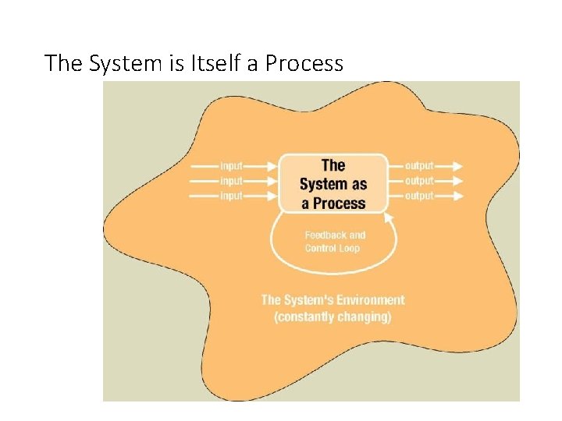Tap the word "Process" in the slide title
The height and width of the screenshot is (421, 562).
(x=304, y=63)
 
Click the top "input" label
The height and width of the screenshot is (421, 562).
(x=232, y=165)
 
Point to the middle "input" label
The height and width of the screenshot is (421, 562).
(x=232, y=181)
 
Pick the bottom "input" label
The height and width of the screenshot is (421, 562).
(x=232, y=196)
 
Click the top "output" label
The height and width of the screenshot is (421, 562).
(x=419, y=165)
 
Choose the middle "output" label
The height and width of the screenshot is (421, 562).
(x=419, y=181)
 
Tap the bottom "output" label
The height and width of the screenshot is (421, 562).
(x=419, y=196)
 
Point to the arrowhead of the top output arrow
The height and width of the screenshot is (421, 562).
(x=457, y=165)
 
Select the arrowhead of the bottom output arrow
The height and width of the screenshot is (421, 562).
(x=457, y=196)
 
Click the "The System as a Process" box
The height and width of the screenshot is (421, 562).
(x=333, y=184)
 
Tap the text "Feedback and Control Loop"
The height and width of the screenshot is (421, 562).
(x=335, y=242)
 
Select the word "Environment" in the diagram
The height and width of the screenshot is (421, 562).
(x=368, y=300)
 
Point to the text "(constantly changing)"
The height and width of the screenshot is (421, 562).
(x=333, y=317)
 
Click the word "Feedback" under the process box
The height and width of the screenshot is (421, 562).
(x=324, y=235)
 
